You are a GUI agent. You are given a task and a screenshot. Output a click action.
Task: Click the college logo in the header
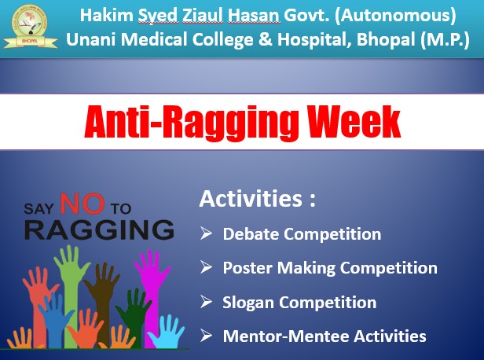(30, 27)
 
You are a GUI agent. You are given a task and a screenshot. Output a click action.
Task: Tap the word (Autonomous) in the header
(395, 16)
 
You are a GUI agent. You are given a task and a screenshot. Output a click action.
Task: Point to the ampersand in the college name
(266, 39)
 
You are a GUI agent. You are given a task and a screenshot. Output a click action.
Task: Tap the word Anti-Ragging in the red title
(192, 123)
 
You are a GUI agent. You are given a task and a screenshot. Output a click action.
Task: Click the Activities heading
(258, 198)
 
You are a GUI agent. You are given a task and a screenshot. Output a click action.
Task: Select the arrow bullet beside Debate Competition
(206, 233)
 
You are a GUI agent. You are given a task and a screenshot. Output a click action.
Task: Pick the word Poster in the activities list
(247, 267)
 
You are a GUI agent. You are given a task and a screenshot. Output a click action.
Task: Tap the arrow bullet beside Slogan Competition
(206, 301)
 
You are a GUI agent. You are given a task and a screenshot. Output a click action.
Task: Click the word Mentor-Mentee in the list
(286, 336)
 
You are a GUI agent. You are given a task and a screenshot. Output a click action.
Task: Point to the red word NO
(82, 204)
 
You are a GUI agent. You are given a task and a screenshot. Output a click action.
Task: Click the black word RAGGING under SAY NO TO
(99, 230)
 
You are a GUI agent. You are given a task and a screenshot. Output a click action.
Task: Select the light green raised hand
(71, 278)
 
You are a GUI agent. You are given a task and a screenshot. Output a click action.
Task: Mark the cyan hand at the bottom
(167, 332)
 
